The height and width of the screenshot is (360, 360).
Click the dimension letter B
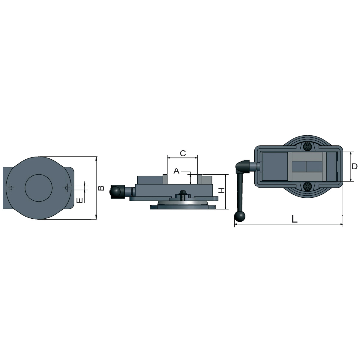[x=101, y=188]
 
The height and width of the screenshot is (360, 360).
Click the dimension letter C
[x=183, y=153]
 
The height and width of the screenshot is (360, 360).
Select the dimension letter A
[x=176, y=171]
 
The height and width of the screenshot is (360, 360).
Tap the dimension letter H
[x=222, y=190]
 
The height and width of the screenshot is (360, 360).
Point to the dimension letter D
[x=354, y=166]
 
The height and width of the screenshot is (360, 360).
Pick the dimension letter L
[x=294, y=219]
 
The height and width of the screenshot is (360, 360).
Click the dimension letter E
[x=79, y=200]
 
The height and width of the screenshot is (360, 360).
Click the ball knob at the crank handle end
[x=240, y=217]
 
